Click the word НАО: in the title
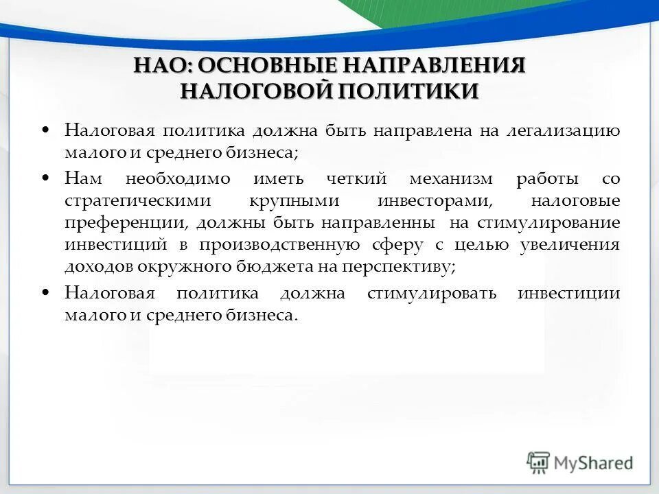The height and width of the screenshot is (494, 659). [x=163, y=66]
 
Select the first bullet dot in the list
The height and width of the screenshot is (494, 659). [x=46, y=130]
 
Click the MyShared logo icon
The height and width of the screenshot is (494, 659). [x=538, y=463]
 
